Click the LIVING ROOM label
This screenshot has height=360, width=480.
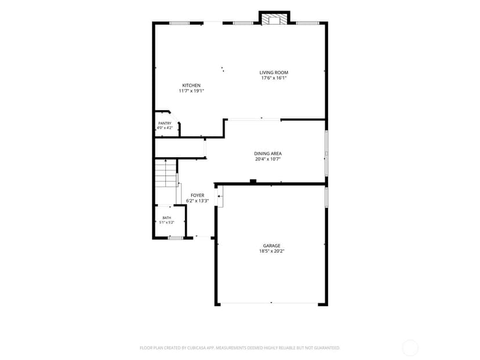coord(274,72)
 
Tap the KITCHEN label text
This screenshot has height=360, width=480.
coord(191,85)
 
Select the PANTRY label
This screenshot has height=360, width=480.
coord(165,123)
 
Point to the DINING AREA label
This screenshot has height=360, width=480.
coord(268,154)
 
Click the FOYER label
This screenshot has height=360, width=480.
coord(198,195)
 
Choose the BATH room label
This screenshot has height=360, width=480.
coord(167,218)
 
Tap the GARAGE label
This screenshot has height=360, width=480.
coord(271,246)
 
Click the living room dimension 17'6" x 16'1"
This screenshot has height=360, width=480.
coord(274,78)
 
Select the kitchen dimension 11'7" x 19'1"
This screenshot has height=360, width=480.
coord(191,91)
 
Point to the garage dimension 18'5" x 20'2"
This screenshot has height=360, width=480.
coord(271,252)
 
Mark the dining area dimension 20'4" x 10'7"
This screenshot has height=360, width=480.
coord(268,159)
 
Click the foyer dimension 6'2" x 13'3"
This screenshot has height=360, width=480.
coord(198,201)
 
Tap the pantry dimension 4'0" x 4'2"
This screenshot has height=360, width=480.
coord(165,128)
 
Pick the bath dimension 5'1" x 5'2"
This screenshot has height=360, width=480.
coord(167,223)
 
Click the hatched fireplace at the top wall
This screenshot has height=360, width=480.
coord(274,18)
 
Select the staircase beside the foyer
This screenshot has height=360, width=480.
coord(166,173)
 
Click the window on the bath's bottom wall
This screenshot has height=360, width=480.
coord(176,238)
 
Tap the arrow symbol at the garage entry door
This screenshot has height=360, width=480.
coord(220,196)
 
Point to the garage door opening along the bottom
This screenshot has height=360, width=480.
coord(270,303)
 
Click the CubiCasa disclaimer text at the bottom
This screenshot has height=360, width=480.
coord(239,348)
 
